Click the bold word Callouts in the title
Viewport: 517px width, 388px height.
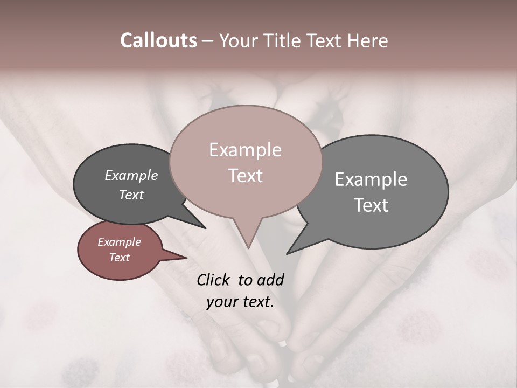pyautogui.click(x=158, y=40)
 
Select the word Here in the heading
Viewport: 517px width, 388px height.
pyautogui.click(x=367, y=40)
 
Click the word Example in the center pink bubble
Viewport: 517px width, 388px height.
pyautogui.click(x=245, y=150)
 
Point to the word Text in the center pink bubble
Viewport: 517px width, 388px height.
pyautogui.click(x=245, y=176)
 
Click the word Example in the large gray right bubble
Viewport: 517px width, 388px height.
pyautogui.click(x=371, y=179)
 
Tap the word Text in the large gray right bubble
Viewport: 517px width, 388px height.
pyautogui.click(x=371, y=205)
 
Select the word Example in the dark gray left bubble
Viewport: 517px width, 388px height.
pyautogui.click(x=131, y=176)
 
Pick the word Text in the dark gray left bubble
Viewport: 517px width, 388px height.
pyautogui.click(x=131, y=195)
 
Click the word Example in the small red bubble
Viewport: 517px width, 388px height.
pyautogui.click(x=119, y=242)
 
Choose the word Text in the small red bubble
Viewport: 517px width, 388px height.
pyautogui.click(x=119, y=258)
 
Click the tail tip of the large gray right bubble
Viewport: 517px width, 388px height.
pyautogui.click(x=288, y=252)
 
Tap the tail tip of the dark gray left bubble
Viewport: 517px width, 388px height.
pyautogui.click(x=205, y=227)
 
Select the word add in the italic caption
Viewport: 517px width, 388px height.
pyautogui.click(x=271, y=280)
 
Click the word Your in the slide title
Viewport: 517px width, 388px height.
pyautogui.click(x=238, y=40)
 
